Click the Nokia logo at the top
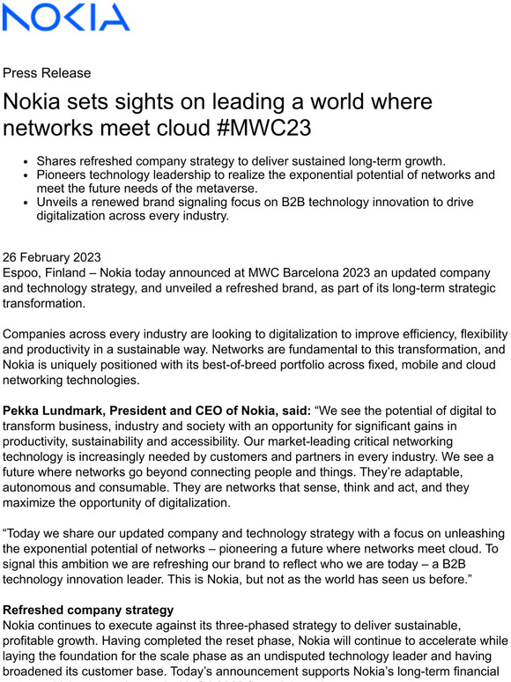tap(67, 18)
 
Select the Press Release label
tap(47, 73)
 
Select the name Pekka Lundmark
tap(60, 411)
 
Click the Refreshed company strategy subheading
tap(87, 609)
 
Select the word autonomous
tap(44, 488)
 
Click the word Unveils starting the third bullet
tap(62, 203)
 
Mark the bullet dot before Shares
tap(27, 161)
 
